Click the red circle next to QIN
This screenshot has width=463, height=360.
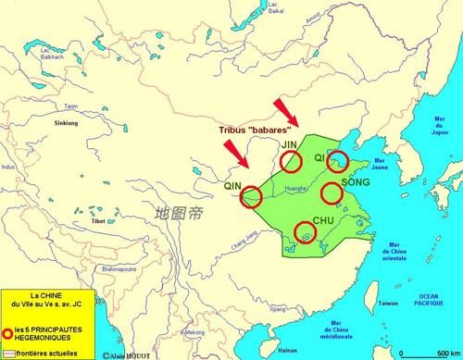point(250,195)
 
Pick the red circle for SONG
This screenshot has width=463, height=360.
point(332,193)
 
